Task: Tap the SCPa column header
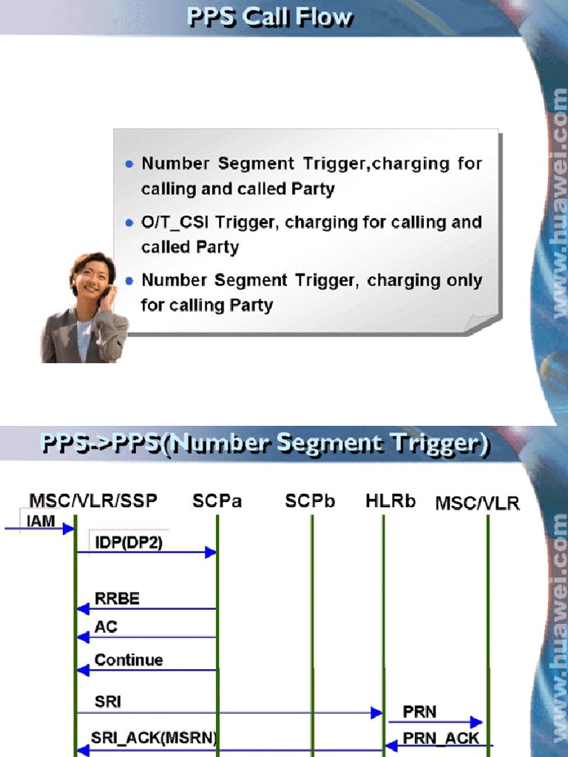(x=217, y=501)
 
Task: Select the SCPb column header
(x=310, y=501)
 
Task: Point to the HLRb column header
(x=390, y=501)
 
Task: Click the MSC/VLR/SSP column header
(x=93, y=501)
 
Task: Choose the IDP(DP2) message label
(x=129, y=542)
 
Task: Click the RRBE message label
(x=117, y=598)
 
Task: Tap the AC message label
(x=106, y=627)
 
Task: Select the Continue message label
(x=129, y=659)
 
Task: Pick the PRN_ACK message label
(x=441, y=737)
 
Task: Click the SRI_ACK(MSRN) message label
(x=155, y=737)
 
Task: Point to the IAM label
(x=41, y=521)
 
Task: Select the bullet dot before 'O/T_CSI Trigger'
(x=130, y=223)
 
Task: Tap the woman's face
(x=93, y=278)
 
